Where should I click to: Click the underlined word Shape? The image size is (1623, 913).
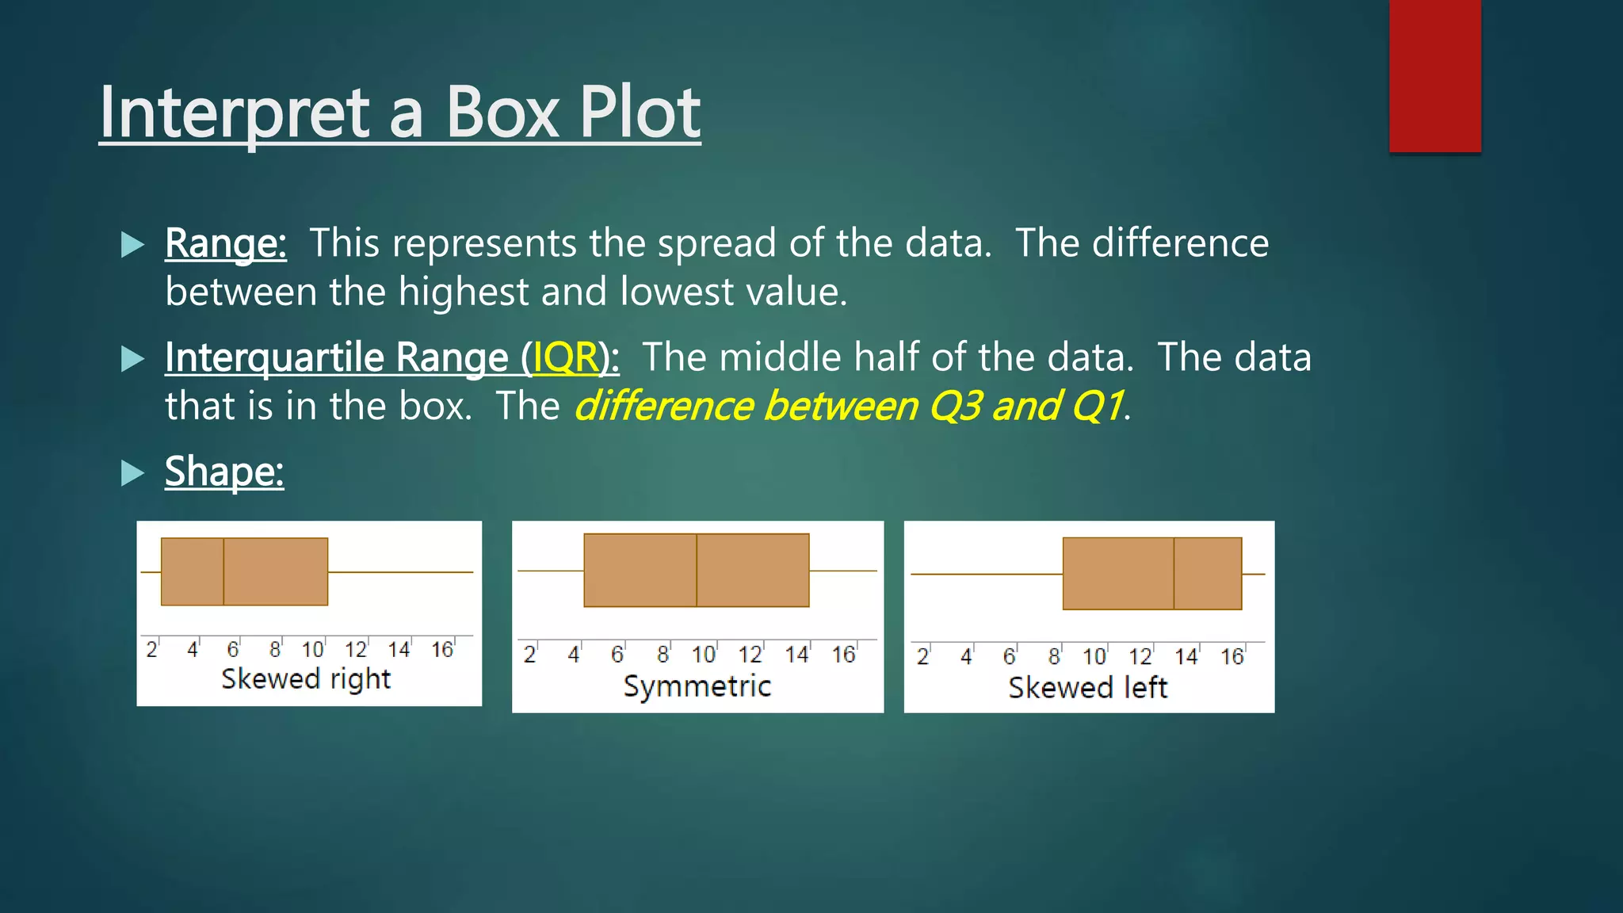tap(223, 472)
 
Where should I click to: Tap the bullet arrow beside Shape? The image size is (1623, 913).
tap(132, 473)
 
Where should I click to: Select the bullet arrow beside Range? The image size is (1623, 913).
tap(132, 244)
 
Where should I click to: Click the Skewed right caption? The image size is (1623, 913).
tap(306, 679)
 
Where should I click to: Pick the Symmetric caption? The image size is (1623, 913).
tap(697, 686)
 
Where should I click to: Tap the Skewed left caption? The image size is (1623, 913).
tap(1087, 687)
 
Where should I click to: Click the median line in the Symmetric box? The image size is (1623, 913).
tap(697, 571)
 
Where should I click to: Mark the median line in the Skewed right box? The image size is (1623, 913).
tap(223, 571)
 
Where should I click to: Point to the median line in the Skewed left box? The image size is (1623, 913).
tap(1174, 573)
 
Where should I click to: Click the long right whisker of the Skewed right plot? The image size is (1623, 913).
tap(400, 571)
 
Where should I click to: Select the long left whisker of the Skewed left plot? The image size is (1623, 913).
tap(987, 573)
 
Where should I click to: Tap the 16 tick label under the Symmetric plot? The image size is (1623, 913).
tap(843, 655)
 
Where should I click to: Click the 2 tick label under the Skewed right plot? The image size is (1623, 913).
tap(151, 650)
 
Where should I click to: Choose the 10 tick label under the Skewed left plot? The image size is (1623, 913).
tap(1094, 657)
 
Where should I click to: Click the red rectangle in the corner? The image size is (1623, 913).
tap(1434, 75)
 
